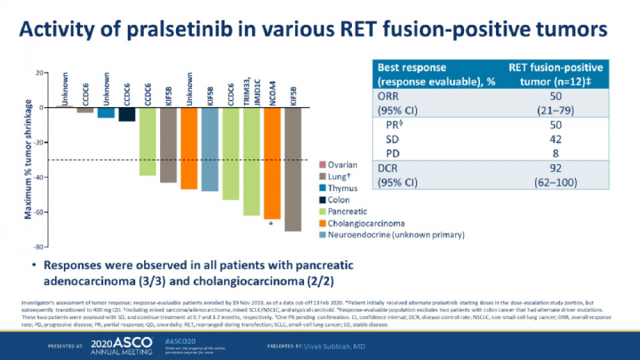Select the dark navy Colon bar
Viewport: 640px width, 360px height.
point(126,114)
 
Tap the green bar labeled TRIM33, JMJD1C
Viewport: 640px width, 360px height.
point(251,161)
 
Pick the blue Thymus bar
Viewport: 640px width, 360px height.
point(106,112)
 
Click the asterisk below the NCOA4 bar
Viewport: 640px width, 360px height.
point(272,224)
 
